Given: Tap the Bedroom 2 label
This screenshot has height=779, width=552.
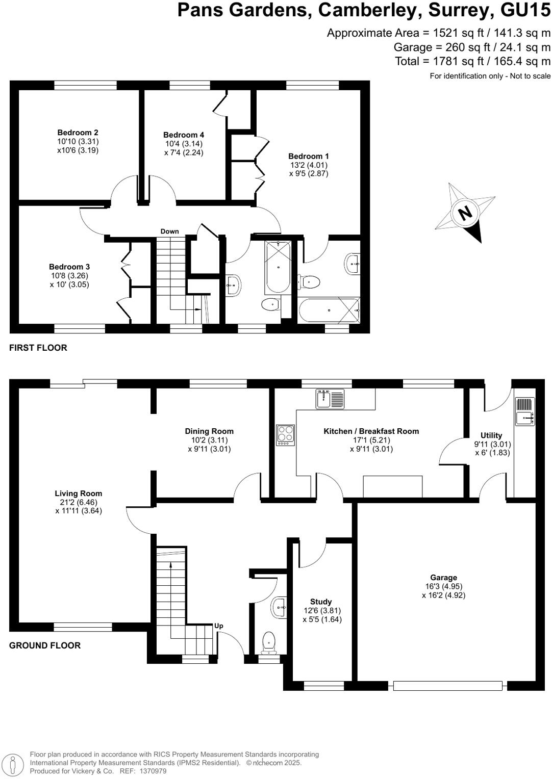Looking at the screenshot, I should tap(78, 133).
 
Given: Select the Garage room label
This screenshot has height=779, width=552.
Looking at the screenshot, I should tap(443, 578).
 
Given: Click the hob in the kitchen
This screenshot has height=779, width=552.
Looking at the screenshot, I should tap(285, 435).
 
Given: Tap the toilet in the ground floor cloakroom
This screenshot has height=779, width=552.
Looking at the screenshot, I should tap(269, 642).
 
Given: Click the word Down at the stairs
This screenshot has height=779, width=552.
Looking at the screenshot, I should tap(169, 231).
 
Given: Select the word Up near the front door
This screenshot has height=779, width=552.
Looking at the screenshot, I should tap(219, 626).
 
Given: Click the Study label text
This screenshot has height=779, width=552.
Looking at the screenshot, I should tap(321, 602).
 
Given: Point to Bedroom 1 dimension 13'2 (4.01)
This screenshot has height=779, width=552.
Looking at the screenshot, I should tap(308, 165).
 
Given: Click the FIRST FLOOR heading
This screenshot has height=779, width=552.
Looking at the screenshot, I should tap(38, 348).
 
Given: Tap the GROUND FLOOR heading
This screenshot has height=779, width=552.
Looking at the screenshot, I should tap(45, 645).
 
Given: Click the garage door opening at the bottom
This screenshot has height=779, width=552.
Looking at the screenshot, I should tap(447, 686).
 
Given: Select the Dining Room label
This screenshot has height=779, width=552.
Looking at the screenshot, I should tap(209, 431).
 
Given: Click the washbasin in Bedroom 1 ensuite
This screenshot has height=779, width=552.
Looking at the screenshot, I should tap(353, 264).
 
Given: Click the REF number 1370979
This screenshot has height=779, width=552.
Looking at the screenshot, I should tap(149, 771).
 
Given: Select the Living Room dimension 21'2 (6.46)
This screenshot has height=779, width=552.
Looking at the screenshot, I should tap(79, 502).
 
